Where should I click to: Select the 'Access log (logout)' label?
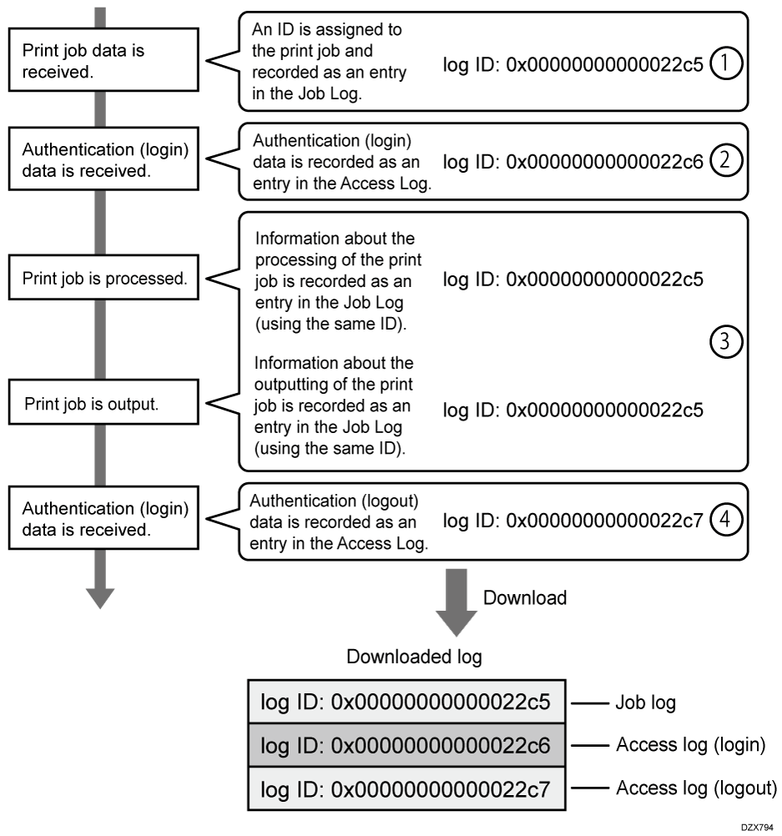(x=696, y=787)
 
